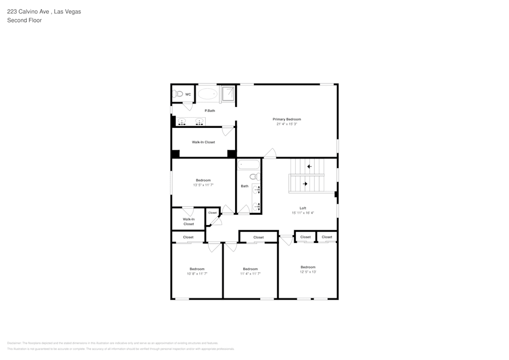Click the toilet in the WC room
click(x=178, y=94)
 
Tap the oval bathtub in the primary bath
click(x=207, y=94)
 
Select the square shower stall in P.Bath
click(x=228, y=93)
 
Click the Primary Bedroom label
click(x=287, y=119)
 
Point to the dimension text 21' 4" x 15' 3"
click(x=287, y=124)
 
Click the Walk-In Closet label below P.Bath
click(x=203, y=142)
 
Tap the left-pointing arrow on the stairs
click(x=309, y=167)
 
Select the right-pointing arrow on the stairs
click(x=305, y=184)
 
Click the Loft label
click(x=303, y=208)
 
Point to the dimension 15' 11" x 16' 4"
click(x=303, y=213)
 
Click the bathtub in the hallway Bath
click(x=248, y=165)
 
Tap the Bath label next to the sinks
click(x=244, y=186)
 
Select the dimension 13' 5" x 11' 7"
click(x=203, y=185)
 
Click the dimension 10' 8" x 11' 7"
click(x=197, y=274)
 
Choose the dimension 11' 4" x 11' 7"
click(x=250, y=274)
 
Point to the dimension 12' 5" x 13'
click(x=308, y=272)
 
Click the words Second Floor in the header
click(x=24, y=20)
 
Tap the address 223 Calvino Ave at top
click(x=28, y=11)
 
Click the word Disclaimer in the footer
click(x=15, y=343)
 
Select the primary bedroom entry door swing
click(x=270, y=154)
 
